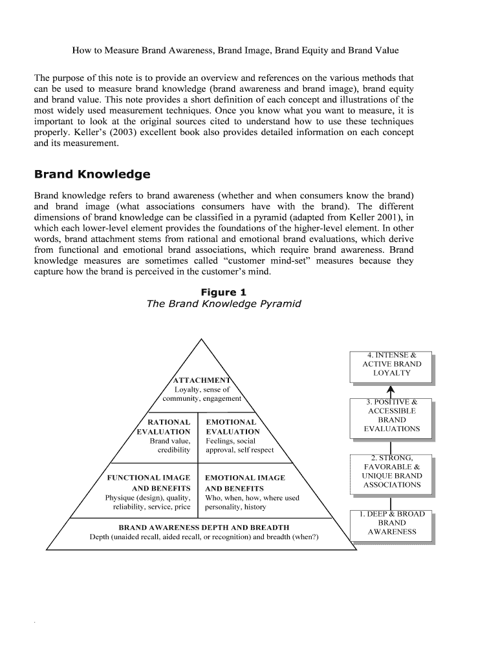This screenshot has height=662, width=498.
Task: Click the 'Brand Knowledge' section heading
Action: (x=92, y=175)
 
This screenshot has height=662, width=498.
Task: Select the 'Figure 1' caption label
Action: (x=223, y=292)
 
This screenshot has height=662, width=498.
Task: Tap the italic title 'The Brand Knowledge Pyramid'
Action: (x=224, y=304)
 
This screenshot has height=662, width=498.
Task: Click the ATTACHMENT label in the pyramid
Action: (x=201, y=380)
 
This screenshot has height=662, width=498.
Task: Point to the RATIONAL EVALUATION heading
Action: (x=164, y=427)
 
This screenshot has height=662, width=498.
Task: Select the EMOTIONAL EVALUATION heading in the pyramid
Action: (x=233, y=427)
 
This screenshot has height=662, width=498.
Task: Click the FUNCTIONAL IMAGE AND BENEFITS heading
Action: (x=149, y=483)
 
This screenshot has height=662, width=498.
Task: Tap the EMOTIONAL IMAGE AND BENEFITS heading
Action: (x=244, y=483)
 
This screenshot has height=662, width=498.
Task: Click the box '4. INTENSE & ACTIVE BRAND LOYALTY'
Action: (x=392, y=364)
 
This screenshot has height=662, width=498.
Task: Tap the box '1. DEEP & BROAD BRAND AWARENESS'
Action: (x=392, y=523)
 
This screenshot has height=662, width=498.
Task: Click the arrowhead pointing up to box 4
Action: (x=391, y=389)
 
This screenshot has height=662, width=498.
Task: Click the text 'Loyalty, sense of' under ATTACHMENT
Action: (x=202, y=390)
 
